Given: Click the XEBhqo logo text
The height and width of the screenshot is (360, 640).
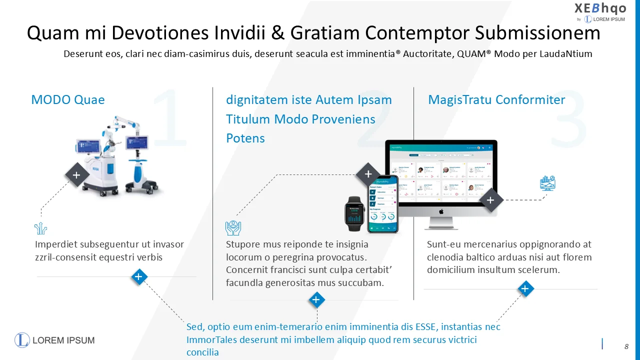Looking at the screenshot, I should [600, 8].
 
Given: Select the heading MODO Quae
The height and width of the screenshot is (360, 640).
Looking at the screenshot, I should [68, 99].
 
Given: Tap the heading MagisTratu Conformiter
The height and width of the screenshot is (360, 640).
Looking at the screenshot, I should [496, 99].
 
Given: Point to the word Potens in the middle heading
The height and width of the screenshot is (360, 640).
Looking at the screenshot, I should [245, 138].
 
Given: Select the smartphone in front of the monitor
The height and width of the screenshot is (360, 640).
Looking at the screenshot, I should [383, 204].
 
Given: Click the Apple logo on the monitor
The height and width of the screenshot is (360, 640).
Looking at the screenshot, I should [441, 211].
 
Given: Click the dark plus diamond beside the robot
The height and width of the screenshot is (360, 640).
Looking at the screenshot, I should [76, 175].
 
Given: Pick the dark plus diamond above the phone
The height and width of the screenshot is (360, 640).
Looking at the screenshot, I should [368, 174].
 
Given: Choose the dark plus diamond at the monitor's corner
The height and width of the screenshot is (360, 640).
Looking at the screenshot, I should [490, 200].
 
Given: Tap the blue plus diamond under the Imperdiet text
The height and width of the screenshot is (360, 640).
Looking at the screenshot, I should [139, 276].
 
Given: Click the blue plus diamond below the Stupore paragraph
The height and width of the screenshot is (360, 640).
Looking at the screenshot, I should [316, 300].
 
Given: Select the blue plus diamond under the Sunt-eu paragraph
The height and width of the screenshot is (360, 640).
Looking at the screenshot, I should [525, 288].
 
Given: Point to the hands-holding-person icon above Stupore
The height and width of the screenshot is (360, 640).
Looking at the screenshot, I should [233, 228].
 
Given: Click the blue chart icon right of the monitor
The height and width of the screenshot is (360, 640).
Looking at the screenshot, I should [548, 183].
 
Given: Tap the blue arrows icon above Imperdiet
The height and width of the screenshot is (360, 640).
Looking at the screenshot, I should [40, 228].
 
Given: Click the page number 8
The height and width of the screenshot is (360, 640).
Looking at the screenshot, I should [626, 346].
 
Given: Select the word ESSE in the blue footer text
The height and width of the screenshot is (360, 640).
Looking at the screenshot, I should [425, 327].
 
